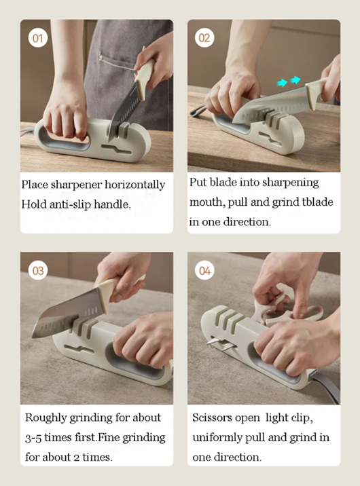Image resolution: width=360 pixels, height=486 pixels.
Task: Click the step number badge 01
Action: (38, 38)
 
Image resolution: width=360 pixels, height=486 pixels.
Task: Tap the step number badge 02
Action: (204, 38)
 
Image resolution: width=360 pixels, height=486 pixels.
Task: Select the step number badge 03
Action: (38, 271)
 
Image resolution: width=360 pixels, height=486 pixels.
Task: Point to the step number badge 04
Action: (204, 271)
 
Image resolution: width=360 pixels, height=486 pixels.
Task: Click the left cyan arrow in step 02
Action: (282, 83)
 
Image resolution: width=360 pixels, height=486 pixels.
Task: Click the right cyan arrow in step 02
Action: (295, 80)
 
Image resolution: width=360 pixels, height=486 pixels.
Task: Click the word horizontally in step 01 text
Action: (134, 185)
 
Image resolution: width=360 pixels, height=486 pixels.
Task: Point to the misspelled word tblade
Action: (317, 202)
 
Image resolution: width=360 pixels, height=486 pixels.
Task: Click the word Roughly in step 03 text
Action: (46, 418)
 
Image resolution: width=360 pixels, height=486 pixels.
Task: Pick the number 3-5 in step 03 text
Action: (33, 438)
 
